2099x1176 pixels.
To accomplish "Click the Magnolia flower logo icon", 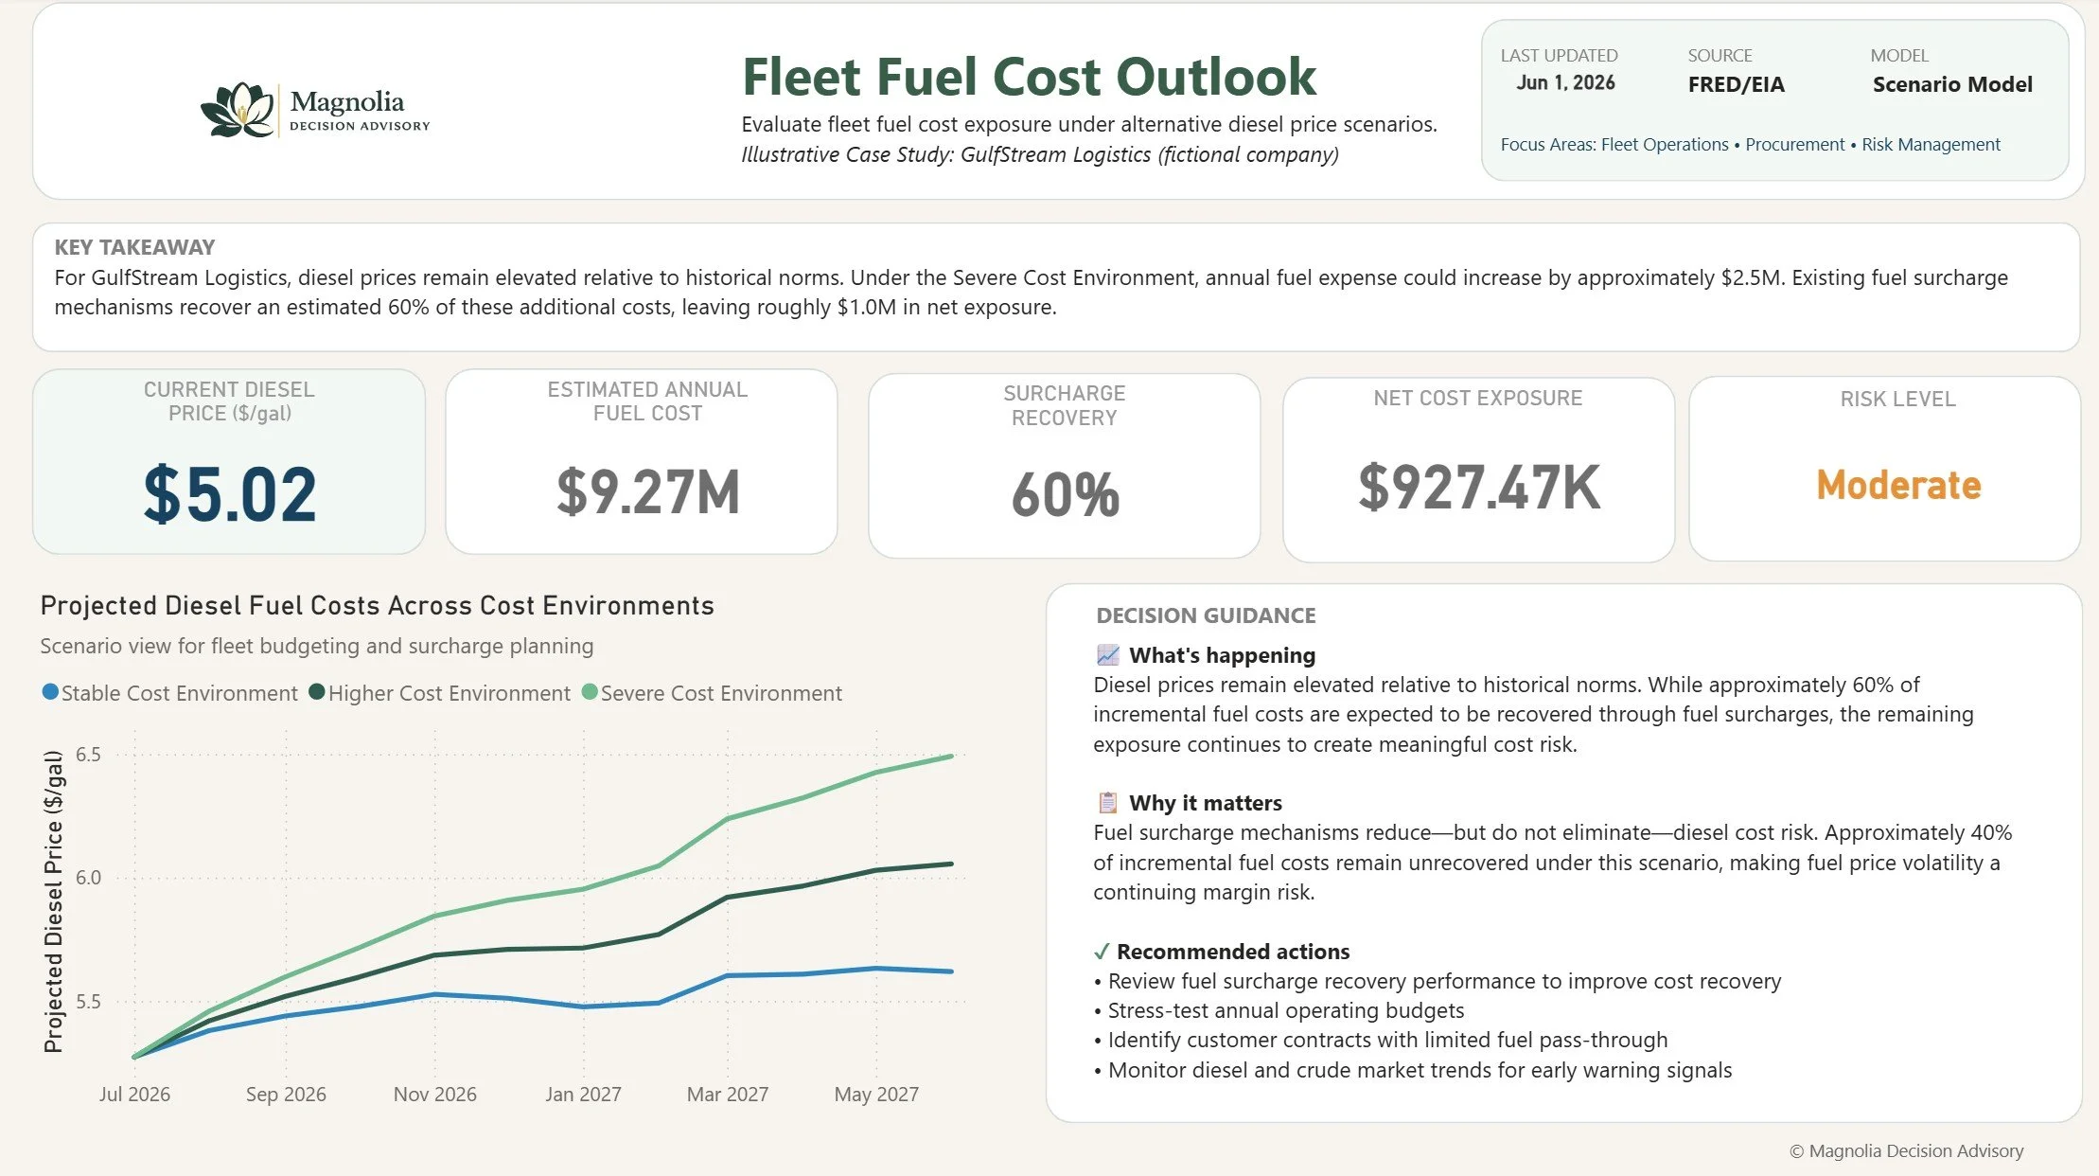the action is coord(238,110).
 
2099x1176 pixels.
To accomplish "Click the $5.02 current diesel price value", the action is coord(230,494).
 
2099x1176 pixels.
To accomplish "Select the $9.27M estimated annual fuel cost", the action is coord(648,492).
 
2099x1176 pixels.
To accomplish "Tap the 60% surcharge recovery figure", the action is coord(1065,494).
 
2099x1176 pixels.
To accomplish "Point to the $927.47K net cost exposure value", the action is coord(1479,488).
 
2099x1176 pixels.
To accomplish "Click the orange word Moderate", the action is coord(1898,485).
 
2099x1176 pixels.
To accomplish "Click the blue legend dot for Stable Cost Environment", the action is coord(50,692).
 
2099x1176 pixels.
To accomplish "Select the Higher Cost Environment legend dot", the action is coord(317,692).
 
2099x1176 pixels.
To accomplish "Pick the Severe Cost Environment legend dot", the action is coord(590,692).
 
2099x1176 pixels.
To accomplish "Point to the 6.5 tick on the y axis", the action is coord(88,755).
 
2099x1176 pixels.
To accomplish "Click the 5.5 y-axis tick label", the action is coord(88,1002).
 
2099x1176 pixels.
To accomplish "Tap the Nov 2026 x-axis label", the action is coord(435,1095).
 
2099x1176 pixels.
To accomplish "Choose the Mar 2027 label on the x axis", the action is coord(728,1095).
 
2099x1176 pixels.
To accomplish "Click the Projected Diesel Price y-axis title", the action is coord(54,901).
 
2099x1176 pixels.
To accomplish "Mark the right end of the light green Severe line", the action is coord(952,756).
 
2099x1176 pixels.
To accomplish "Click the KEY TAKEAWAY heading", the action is coord(134,247).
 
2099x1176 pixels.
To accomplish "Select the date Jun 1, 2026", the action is coord(1565,83).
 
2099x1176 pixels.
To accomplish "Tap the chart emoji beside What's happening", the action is coord(1108,654).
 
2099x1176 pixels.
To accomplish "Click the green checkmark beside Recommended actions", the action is coord(1101,952).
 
